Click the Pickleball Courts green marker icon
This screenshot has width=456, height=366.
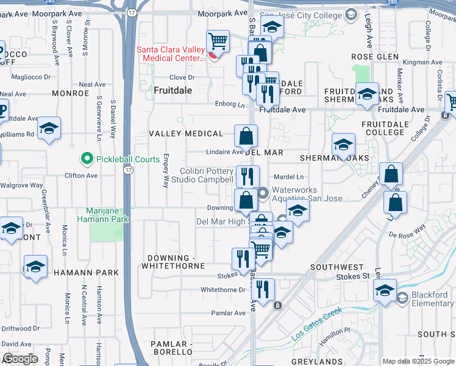87,159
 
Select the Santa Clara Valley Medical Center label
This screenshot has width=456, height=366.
169,54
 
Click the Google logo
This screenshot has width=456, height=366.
20,359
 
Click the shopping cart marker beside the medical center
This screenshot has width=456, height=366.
218,41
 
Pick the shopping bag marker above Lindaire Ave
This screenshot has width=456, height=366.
246,136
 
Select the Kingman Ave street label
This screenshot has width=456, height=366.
417,62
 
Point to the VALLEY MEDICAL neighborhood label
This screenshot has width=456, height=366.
187,134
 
